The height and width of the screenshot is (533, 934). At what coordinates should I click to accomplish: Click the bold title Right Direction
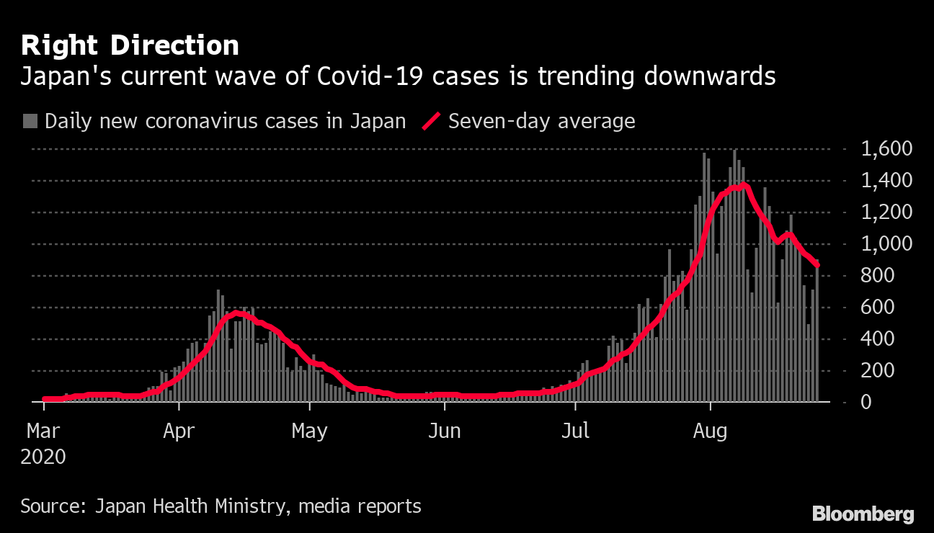coord(130,46)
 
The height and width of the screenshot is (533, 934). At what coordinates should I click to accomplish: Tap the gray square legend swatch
coord(30,121)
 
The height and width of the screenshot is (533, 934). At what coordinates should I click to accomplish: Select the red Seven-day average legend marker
coord(431,121)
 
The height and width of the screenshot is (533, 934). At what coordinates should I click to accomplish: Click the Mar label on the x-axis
coord(44,431)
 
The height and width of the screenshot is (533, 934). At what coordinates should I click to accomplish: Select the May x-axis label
coord(310,431)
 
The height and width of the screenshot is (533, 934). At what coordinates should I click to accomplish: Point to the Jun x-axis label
coord(444,431)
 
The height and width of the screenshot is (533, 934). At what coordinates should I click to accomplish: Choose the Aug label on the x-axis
coord(710,431)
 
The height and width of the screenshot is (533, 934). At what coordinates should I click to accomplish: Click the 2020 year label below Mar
coord(44,457)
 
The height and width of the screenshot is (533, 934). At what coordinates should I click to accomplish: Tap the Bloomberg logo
coord(863,514)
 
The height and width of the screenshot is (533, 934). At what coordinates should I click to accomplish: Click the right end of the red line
coord(817,265)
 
